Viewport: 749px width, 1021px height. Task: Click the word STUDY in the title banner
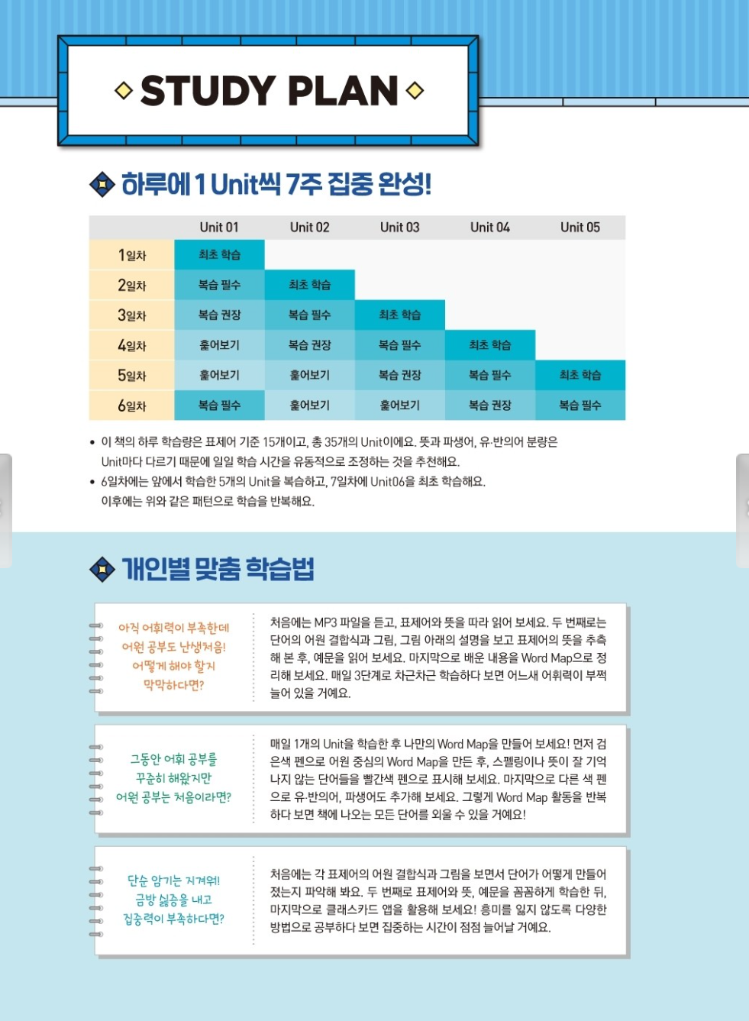[x=207, y=91]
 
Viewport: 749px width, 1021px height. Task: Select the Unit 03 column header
[x=399, y=227]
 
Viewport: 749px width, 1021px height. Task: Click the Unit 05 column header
[x=580, y=227]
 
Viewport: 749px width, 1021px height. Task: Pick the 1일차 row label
[x=131, y=255]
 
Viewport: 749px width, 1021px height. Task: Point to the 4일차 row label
[x=131, y=345]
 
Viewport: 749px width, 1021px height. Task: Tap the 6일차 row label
[x=131, y=405]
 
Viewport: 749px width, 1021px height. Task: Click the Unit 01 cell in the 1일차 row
[x=219, y=255]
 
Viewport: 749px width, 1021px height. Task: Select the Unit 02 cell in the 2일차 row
[x=309, y=285]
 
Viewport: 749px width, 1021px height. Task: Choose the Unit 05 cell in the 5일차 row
[x=580, y=375]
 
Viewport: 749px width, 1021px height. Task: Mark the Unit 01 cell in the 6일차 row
[x=219, y=405]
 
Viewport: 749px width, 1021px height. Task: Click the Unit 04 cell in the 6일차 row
[x=489, y=405]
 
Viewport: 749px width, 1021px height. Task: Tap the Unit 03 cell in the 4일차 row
[x=399, y=345]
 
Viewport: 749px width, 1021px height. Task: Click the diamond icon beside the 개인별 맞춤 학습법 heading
[x=102, y=569]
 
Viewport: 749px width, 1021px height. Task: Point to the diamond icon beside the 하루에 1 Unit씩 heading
[x=102, y=184]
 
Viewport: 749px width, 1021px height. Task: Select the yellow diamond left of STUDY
[x=124, y=91]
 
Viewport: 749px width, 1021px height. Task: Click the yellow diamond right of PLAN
[x=415, y=91]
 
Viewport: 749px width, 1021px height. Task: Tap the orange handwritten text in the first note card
[x=174, y=656]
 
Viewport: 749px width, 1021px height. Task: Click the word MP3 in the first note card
[x=325, y=622]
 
